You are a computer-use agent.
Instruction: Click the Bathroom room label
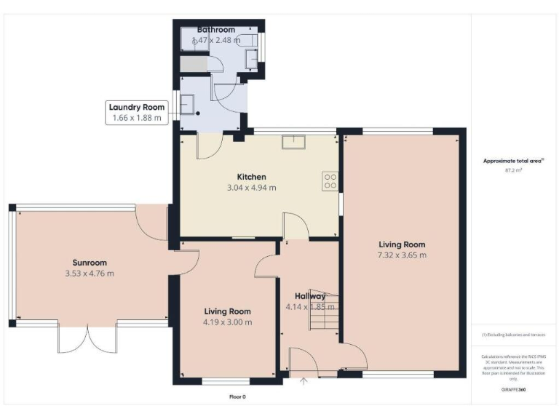point(215,30)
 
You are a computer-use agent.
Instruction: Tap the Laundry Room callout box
point(137,112)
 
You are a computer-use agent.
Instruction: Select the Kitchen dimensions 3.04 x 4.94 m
point(251,188)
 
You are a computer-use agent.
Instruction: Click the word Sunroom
point(90,263)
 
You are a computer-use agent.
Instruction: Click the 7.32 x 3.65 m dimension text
point(402,255)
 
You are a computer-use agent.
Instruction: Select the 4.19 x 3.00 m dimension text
point(227,322)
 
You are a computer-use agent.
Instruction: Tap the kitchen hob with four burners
point(330,180)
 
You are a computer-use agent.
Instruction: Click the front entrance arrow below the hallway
point(304,382)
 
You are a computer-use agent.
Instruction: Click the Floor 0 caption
point(237,396)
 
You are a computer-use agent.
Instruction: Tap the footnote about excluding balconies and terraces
point(514,335)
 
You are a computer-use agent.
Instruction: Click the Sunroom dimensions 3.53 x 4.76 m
point(90,274)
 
